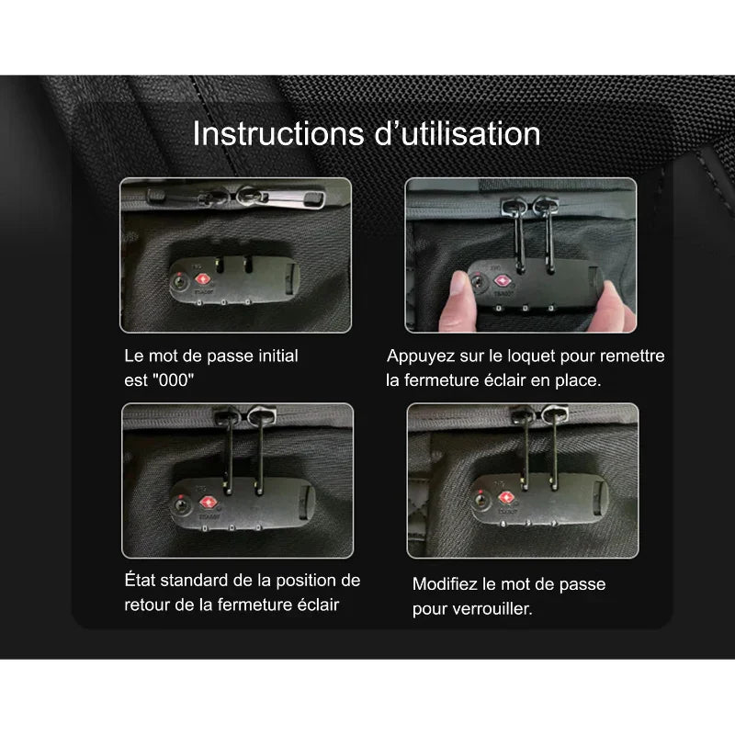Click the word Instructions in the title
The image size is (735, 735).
pos(278,134)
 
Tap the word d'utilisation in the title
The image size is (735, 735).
pos(458,134)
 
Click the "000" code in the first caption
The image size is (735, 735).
pos(173,379)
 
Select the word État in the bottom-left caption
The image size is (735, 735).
pos(141,581)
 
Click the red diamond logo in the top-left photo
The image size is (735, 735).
pos(202,279)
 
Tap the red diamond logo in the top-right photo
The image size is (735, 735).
pos(502,281)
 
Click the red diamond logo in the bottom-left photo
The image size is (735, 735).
pos(209,503)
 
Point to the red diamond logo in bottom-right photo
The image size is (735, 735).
pos(506,497)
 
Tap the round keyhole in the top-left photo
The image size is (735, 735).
pos(179,282)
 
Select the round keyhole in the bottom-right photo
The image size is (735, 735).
pos(481,500)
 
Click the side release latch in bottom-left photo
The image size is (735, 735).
pos(306,503)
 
